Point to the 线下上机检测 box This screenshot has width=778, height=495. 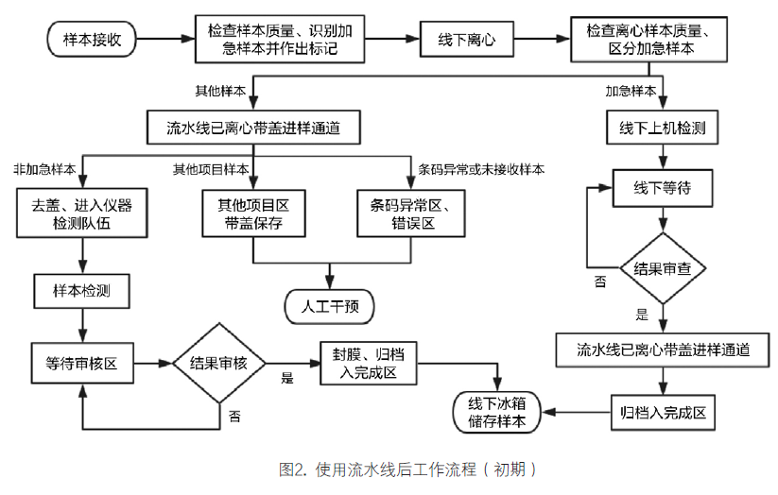click(x=663, y=126)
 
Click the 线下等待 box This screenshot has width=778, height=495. click(x=662, y=187)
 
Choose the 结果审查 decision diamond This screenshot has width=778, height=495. click(x=662, y=268)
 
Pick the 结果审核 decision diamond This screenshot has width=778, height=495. click(x=218, y=363)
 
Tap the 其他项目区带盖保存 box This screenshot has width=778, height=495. click(x=253, y=213)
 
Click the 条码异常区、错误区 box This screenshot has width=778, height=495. click(x=408, y=213)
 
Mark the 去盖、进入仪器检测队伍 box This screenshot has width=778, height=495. click(x=82, y=213)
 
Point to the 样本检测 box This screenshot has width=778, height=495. click(x=81, y=291)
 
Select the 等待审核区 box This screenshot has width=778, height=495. click(x=81, y=363)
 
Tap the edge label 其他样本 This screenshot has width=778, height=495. click(x=219, y=92)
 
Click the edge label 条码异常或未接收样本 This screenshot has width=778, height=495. click(x=481, y=170)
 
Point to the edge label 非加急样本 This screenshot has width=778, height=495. click(x=44, y=170)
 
